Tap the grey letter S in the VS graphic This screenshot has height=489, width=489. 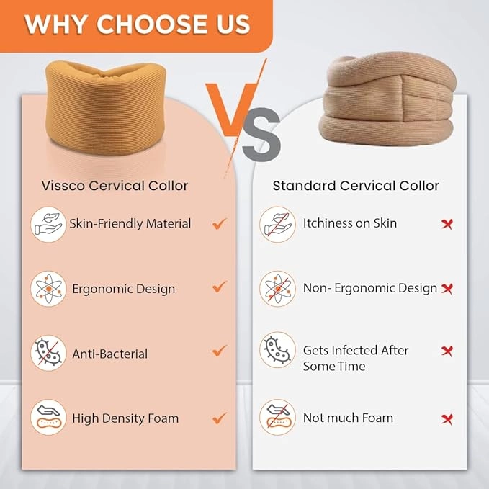(261, 135)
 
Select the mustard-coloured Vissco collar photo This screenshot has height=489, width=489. (105, 107)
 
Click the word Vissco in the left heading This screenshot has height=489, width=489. (63, 186)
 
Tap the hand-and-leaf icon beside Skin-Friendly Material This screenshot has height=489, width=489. (48, 225)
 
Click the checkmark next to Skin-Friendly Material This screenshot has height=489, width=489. (220, 223)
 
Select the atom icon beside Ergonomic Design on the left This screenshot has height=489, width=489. (48, 289)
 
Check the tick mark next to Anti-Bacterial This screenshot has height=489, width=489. (220, 351)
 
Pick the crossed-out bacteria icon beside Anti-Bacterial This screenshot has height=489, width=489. (48, 353)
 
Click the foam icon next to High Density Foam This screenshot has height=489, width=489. (48, 417)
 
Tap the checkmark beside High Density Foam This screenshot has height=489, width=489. (220, 418)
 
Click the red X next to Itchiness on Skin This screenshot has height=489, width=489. (447, 224)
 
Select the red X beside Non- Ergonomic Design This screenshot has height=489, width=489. (447, 289)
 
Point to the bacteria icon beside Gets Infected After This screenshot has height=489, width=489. (277, 350)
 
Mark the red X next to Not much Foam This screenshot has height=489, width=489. (447, 419)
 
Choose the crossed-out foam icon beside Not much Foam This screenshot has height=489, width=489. (277, 417)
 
